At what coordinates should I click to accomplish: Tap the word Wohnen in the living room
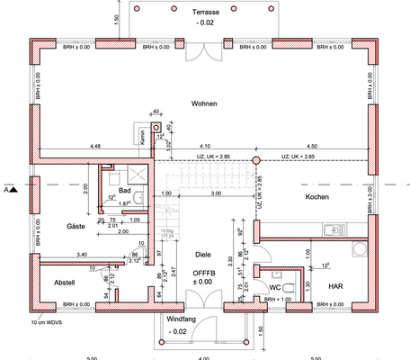point(205,104)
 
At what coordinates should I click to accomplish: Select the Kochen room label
point(316,197)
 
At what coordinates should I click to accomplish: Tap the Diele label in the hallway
point(201,256)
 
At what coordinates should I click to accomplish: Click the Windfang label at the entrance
point(179,319)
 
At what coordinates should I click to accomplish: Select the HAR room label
point(334,285)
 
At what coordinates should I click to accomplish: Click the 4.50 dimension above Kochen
point(312,146)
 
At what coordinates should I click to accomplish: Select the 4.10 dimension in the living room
point(204,146)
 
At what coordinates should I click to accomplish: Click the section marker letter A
point(6,191)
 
